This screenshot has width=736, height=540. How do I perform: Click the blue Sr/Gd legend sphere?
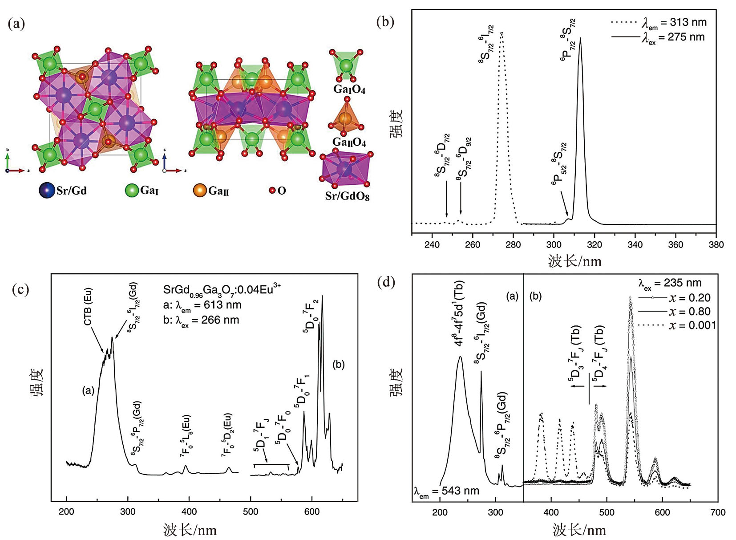point(47,191)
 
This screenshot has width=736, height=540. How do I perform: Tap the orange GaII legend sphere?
point(200,191)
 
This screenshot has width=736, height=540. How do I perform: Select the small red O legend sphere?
point(272,191)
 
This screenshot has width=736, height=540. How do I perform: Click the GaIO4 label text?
point(349,89)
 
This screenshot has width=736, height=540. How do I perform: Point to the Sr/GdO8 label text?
point(347,196)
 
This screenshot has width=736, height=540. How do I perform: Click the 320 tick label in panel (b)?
point(594,244)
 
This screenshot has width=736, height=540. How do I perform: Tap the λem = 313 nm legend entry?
point(659,22)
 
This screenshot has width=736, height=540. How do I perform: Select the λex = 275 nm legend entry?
point(659,37)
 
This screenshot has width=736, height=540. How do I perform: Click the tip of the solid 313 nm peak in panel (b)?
point(580,38)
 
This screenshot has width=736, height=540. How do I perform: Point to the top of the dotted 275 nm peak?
point(501,32)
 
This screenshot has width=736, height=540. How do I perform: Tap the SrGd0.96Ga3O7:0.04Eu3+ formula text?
point(222,289)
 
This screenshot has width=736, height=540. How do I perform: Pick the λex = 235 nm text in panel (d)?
point(670,283)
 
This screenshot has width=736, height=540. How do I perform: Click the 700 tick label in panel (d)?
point(718,512)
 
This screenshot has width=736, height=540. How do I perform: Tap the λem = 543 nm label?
point(446,491)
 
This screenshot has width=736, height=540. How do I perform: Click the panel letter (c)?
point(20,289)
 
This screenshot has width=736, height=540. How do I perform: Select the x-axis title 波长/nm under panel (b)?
point(574,261)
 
